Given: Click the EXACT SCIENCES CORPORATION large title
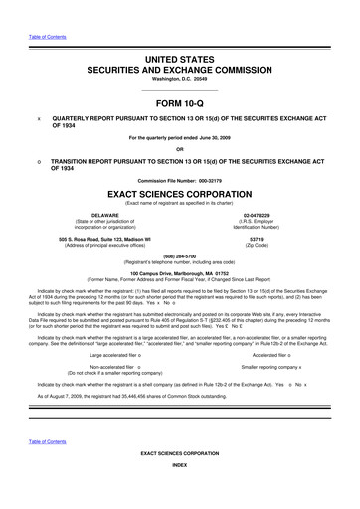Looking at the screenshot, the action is (x=180, y=197).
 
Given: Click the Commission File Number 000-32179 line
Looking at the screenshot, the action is (x=180, y=180).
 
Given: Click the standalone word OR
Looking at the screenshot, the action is (x=180, y=148).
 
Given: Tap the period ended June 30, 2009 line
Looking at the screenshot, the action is (x=180, y=136).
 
